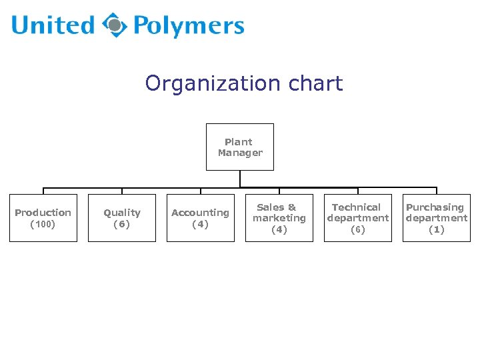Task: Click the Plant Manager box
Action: click(x=240, y=147)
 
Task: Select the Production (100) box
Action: click(x=43, y=218)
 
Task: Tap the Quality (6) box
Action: click(x=122, y=218)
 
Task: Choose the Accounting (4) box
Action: click(x=201, y=218)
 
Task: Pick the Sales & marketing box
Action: click(x=279, y=218)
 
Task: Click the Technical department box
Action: click(x=358, y=218)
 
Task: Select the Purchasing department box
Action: click(x=437, y=218)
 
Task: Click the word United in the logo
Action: click(x=53, y=26)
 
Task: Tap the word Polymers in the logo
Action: click(x=189, y=26)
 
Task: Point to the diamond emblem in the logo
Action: click(x=115, y=25)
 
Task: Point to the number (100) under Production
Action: click(x=43, y=224)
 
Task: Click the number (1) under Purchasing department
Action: click(x=437, y=229)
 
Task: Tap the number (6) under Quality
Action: click(x=122, y=224)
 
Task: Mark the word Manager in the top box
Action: click(x=240, y=153)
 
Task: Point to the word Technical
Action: click(x=357, y=207)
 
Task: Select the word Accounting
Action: click(x=200, y=213)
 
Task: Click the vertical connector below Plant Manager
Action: click(x=240, y=179)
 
